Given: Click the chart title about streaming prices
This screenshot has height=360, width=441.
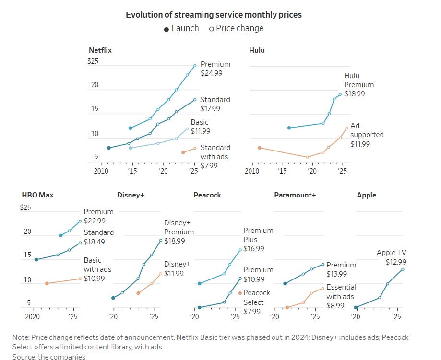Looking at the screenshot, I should click(x=214, y=14).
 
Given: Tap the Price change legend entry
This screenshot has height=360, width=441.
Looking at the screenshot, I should click(x=236, y=28).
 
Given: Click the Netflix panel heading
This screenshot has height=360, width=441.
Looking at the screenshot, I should click(x=100, y=50).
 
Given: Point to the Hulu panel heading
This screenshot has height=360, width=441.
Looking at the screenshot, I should click(x=257, y=50).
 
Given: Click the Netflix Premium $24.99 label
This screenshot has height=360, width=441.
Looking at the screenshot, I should click(x=215, y=69).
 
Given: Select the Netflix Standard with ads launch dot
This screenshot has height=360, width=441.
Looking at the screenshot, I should click(x=183, y=152).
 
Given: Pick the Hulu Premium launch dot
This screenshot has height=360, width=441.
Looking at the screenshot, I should click(x=289, y=128).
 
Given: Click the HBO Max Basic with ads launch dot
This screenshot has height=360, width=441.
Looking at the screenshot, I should click(x=47, y=283).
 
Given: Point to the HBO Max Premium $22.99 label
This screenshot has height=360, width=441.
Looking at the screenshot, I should click(x=98, y=216).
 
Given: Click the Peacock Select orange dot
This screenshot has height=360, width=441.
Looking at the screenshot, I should click(x=240, y=293).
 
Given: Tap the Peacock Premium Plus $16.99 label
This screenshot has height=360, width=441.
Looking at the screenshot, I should click(x=258, y=240).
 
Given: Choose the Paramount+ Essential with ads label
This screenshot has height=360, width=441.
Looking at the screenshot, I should click(x=341, y=292).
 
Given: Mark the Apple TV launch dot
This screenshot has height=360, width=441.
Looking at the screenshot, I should click(x=356, y=308).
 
